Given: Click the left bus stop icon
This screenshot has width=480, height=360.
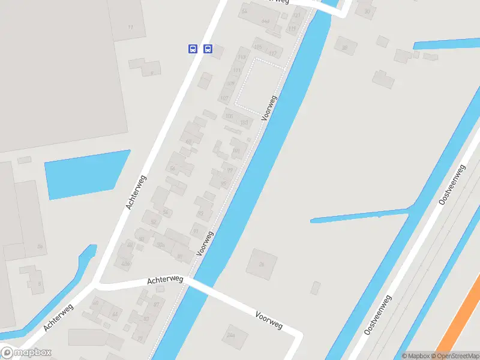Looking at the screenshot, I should (193, 49).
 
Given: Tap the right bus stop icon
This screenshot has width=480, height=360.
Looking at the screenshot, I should (208, 49).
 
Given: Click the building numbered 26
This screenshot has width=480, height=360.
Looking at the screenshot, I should (262, 263).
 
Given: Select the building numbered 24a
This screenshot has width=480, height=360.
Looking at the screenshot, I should (231, 335).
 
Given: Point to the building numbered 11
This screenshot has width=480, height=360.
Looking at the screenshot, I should (130, 28).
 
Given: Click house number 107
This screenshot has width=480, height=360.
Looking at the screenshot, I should (224, 98).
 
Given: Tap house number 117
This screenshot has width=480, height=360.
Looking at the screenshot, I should (273, 54).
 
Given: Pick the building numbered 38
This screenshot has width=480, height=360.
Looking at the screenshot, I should (344, 47).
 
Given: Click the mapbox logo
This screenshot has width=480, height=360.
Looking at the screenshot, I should (26, 353).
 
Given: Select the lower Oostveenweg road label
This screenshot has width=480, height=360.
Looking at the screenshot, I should (378, 314).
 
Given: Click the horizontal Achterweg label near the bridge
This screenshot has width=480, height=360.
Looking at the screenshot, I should (165, 280).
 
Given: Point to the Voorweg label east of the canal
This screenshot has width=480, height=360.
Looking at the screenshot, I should (268, 320).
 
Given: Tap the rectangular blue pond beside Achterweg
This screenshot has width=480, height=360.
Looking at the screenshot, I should (88, 174).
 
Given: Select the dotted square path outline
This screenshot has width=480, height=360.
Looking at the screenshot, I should (259, 83).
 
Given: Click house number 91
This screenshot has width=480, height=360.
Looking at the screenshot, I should (196, 231).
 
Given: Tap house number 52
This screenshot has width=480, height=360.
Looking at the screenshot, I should (154, 222).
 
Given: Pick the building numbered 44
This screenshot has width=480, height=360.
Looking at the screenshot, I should (115, 314).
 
